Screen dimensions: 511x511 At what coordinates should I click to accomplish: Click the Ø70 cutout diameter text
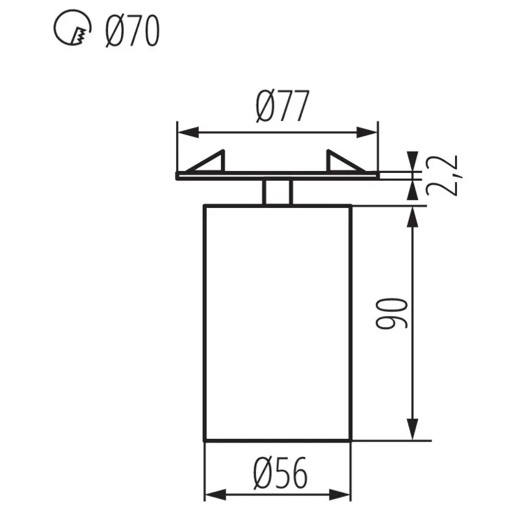[131, 31]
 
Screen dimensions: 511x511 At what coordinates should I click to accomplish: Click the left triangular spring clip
[211, 162]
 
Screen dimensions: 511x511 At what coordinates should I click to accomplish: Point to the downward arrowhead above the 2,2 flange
[412, 162]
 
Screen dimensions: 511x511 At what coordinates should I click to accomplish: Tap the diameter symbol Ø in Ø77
[265, 107]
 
